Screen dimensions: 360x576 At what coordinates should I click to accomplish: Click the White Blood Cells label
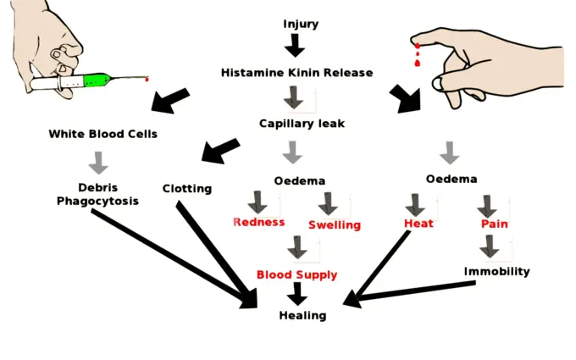tap(102, 134)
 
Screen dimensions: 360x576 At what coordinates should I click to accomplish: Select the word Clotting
tap(186, 189)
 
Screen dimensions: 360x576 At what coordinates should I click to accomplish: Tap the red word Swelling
tap(334, 224)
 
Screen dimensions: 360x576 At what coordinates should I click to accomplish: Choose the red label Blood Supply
tap(296, 274)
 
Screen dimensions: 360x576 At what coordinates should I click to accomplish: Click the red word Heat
tap(418, 224)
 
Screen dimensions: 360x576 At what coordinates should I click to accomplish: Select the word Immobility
tap(496, 272)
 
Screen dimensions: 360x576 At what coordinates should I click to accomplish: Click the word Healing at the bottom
tap(302, 315)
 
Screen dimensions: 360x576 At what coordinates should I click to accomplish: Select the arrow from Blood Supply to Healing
tap(296, 294)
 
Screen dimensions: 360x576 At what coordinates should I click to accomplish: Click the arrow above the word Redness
tap(257, 202)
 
